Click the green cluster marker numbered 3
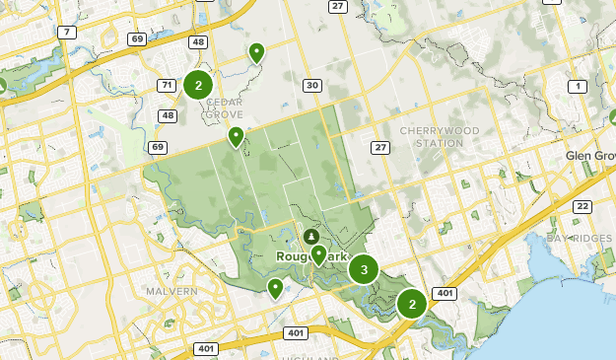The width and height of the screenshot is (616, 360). pyautogui.click(x=365, y=267)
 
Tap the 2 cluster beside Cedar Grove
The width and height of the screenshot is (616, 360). pyautogui.click(x=198, y=85)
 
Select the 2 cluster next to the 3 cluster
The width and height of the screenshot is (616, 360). pyautogui.click(x=412, y=304)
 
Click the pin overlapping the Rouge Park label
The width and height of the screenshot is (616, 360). pyautogui.click(x=318, y=254)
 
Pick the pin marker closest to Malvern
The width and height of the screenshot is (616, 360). pyautogui.click(x=275, y=287)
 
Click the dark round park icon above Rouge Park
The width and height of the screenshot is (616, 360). pyautogui.click(x=311, y=237)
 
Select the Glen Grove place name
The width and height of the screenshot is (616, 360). pyautogui.click(x=590, y=157)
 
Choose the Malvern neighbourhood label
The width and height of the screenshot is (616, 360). pyautogui.click(x=172, y=292)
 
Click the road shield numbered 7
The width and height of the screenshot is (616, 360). pyautogui.click(x=67, y=33)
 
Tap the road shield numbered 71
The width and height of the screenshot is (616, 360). pyautogui.click(x=167, y=86)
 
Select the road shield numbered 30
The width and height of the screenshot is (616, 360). pyautogui.click(x=312, y=86)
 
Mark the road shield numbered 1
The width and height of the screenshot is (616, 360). pyautogui.click(x=578, y=86)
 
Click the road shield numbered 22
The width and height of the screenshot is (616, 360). pyautogui.click(x=583, y=206)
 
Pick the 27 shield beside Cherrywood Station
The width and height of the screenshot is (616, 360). pyautogui.click(x=380, y=148)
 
